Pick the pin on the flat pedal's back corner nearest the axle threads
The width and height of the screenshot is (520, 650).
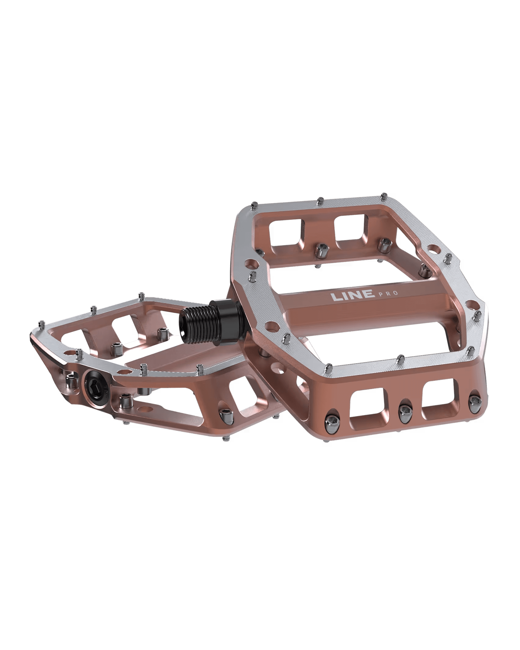point(141,296)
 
